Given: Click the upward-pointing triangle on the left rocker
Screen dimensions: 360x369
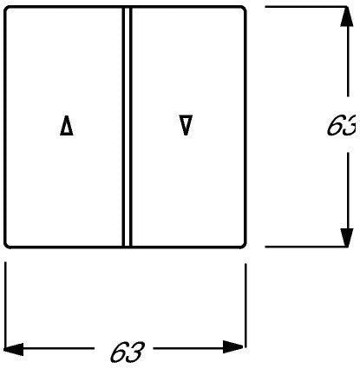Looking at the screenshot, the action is point(67,126).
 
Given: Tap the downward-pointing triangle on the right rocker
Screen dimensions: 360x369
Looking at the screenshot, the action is point(186,125).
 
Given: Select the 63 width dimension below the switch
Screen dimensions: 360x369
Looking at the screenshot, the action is point(127,352).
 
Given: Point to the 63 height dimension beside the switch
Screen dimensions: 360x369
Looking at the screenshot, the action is point(341,126).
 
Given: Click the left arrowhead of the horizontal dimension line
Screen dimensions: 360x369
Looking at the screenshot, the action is point(13,349).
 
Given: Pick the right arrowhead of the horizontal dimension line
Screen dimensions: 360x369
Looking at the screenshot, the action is point(233,346).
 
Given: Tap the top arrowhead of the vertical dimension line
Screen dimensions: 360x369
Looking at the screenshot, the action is point(347,16).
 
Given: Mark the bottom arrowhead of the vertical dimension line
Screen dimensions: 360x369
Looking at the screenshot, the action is point(347,237).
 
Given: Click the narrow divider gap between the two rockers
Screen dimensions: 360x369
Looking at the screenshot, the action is point(127,127).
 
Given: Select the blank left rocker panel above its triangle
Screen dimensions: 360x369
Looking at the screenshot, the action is point(64,61).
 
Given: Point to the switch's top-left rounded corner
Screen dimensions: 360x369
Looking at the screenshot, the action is point(7,9).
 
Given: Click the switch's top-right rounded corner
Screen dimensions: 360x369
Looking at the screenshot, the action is point(244,9).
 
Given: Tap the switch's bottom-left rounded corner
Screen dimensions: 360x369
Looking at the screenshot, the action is point(7,245).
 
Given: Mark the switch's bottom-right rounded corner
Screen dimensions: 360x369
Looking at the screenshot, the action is point(244,245).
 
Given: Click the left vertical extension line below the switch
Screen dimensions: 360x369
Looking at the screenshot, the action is point(5,304).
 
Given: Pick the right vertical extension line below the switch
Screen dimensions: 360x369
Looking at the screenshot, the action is point(245,305).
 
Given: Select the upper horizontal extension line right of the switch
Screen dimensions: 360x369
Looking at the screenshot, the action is point(305,7).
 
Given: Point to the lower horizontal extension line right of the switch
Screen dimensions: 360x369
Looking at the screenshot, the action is point(305,247).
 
